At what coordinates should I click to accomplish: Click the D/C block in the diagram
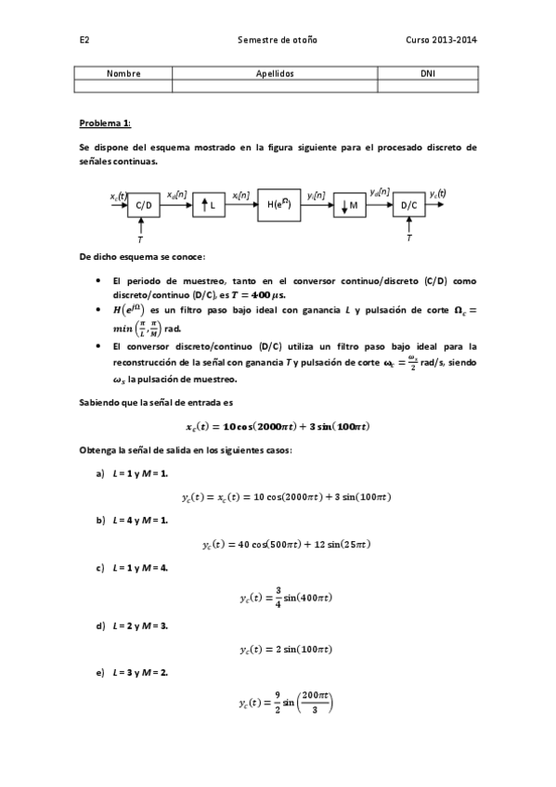[x=408, y=206]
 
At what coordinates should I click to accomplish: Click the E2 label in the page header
[x=84, y=41]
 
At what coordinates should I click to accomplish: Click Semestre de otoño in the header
[x=278, y=41]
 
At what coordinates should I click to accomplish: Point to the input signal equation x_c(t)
[x=278, y=426]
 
